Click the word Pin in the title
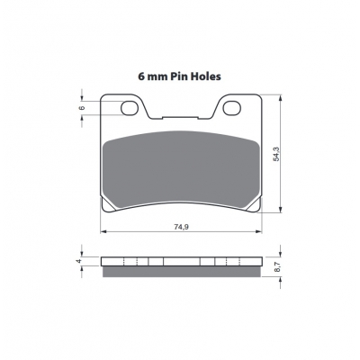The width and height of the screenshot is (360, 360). [178, 76]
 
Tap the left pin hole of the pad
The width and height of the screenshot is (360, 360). [130, 108]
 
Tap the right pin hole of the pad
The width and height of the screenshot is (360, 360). [232, 108]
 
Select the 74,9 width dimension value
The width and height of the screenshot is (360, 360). [181, 227]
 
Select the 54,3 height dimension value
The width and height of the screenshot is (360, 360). [276, 154]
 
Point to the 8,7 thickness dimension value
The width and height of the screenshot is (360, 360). [276, 266]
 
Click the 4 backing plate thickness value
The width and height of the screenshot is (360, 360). [79, 261]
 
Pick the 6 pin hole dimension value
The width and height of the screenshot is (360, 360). [83, 108]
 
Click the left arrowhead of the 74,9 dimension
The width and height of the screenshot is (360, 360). [103, 231]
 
